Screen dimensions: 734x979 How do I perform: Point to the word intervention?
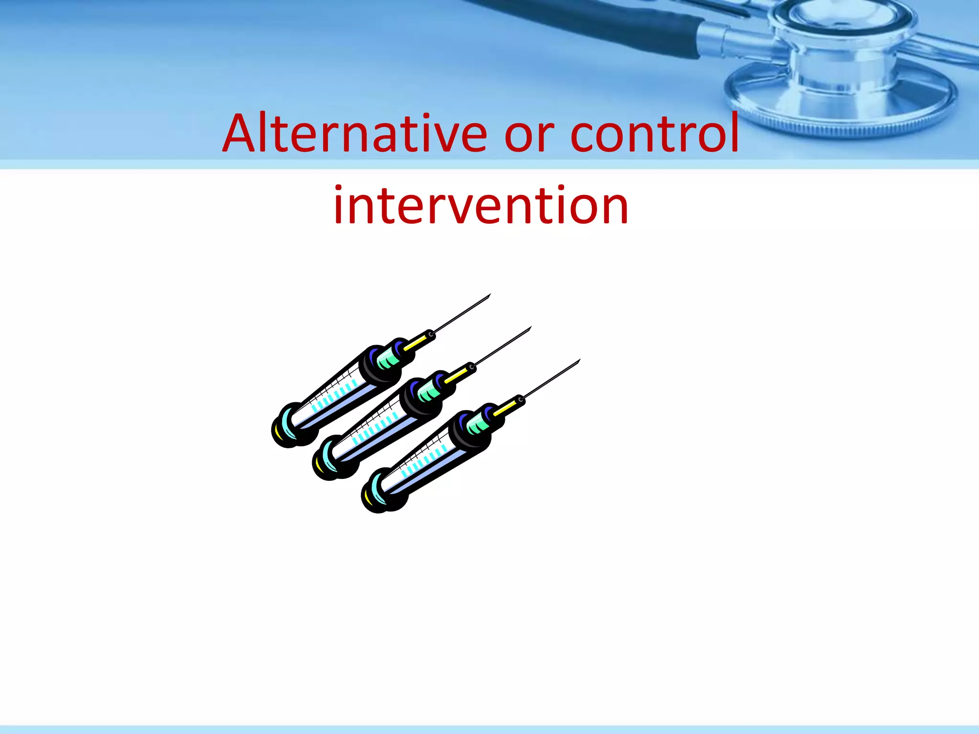[481, 205]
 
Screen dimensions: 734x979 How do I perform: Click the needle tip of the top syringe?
[489, 295]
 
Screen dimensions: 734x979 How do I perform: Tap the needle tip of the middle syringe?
[530, 328]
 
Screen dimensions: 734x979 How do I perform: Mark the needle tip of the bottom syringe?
[579, 360]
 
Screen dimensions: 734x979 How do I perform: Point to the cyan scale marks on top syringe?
[335, 394]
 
